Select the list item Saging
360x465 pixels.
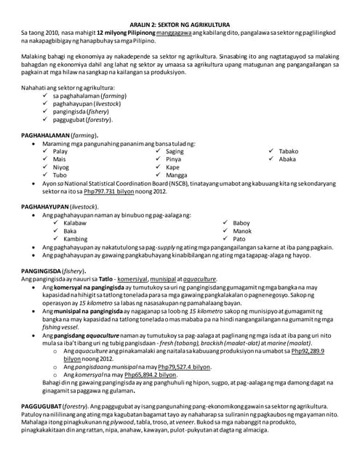175,151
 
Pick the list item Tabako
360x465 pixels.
289,151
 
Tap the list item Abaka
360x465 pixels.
287,159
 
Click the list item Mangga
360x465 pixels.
177,175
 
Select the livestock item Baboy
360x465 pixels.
241,223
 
